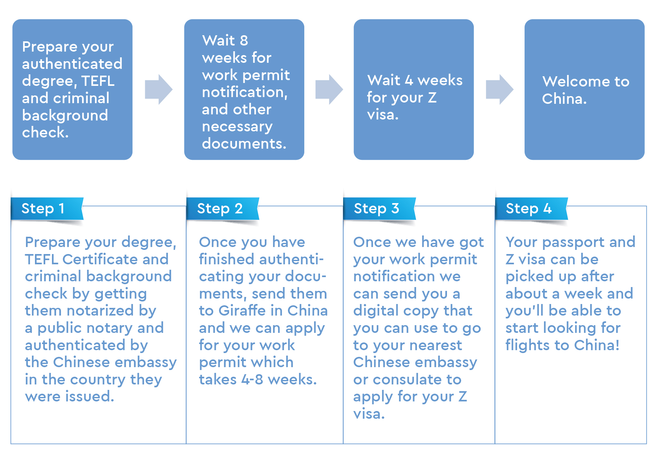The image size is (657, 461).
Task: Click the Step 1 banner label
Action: pyautogui.click(x=43, y=209)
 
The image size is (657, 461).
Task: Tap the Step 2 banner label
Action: pyautogui.click(x=220, y=209)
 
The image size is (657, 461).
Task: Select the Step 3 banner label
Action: pyautogui.click(x=376, y=209)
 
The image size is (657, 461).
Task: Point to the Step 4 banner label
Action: pyautogui.click(x=529, y=209)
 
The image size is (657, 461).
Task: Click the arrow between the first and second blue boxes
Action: pyautogui.click(x=159, y=90)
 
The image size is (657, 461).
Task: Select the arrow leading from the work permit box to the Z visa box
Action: pyautogui.click(x=329, y=90)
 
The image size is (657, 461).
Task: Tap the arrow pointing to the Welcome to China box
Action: pyautogui.click(x=500, y=90)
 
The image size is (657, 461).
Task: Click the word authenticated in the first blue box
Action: pyautogui.click(x=72, y=64)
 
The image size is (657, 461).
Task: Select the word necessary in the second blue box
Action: pyautogui.click(x=237, y=127)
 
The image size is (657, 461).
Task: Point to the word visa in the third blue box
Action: pyautogui.click(x=383, y=114)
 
